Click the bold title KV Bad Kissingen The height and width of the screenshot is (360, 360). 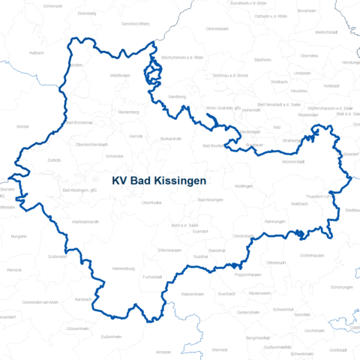pos(158,181)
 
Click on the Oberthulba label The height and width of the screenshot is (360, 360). pos(151,202)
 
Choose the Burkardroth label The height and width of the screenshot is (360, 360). pos(170,139)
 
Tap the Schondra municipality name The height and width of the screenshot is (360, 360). pos(115,156)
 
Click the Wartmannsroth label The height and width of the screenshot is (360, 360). pos(85,222)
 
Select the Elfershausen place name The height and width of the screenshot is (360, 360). pos(170,248)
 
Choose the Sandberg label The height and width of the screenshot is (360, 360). pos(177,97)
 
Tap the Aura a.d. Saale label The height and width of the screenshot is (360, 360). pos(184,224)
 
